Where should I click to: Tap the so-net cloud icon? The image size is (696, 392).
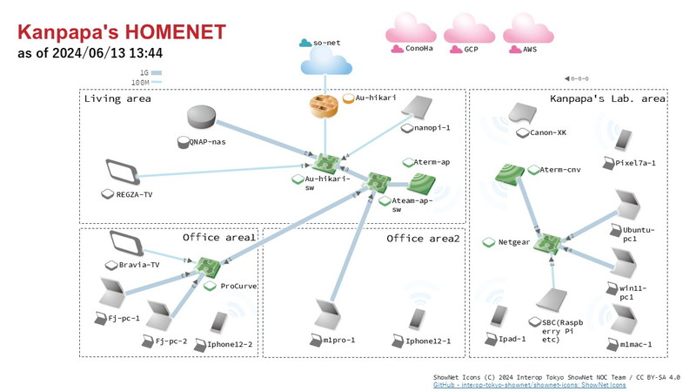322,61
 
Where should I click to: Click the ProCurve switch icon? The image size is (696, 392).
208,266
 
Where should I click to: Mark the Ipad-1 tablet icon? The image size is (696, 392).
497,316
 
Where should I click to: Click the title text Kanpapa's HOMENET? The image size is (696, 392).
122,32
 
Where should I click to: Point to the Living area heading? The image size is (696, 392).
117,98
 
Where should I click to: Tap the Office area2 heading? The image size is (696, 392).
423,238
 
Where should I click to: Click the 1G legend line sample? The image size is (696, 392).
157,73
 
